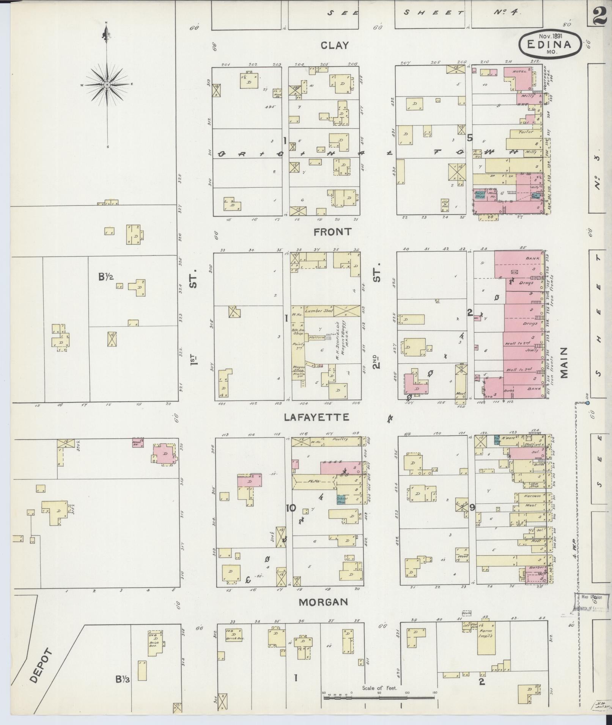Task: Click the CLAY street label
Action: click(x=334, y=45)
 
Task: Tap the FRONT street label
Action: click(x=332, y=232)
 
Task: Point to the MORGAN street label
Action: click(x=323, y=602)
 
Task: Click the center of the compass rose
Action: click(x=107, y=85)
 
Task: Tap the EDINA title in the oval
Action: click(x=549, y=44)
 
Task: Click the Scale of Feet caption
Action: click(x=379, y=688)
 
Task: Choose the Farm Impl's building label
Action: click(x=487, y=633)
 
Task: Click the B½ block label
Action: click(x=106, y=277)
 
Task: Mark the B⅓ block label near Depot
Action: click(x=123, y=680)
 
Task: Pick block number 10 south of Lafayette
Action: click(x=291, y=508)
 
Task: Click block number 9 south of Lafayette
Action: click(x=472, y=507)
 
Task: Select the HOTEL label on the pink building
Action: click(x=518, y=72)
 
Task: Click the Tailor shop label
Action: click(x=526, y=132)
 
